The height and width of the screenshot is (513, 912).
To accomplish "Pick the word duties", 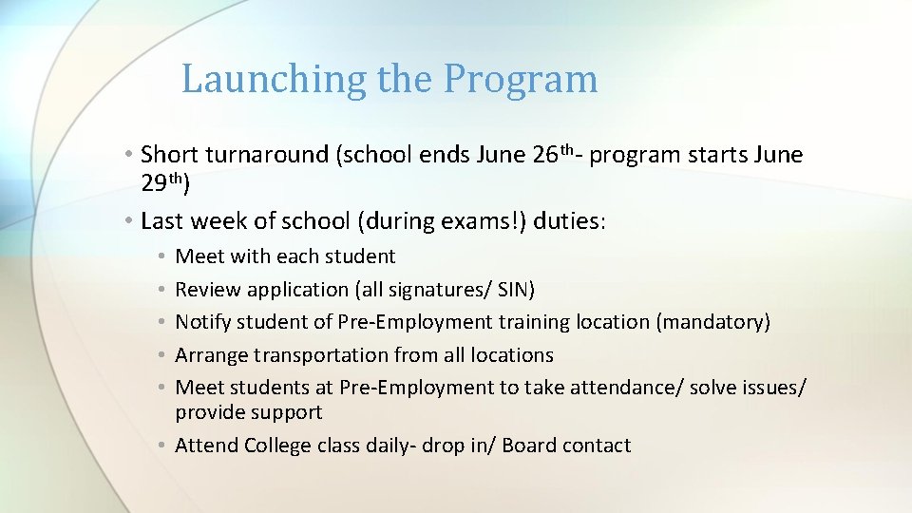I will pyautogui.click(x=571, y=221).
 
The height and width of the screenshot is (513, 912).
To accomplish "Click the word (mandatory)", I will pyautogui.click(x=712, y=322).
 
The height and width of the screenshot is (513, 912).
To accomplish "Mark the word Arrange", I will pyautogui.click(x=214, y=355).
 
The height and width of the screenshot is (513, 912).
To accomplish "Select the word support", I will pyautogui.click(x=288, y=412).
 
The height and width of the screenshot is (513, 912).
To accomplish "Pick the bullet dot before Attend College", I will pyautogui.click(x=164, y=446).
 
